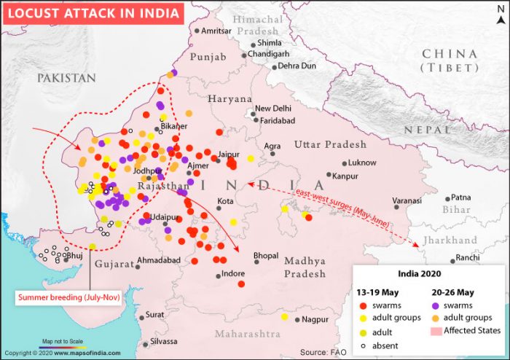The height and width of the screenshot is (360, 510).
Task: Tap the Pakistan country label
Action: [x=66, y=78]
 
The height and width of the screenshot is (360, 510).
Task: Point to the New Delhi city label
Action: [x=272, y=109]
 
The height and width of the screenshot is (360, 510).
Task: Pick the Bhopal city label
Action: [x=265, y=257]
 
